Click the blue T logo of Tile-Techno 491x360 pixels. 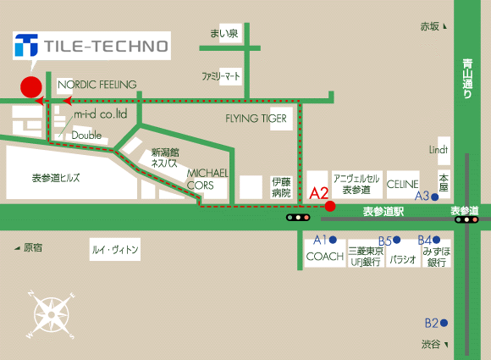pos(26,45)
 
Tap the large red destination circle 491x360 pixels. pos(31,86)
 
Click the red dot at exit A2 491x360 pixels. pos(330,206)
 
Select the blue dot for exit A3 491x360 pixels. pos(434,197)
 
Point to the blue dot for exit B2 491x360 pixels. pos(444,323)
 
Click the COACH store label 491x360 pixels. pos(325,257)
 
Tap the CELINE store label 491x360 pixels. pos(402,184)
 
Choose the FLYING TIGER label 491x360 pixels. pos(256,119)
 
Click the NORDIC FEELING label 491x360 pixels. pos(97,85)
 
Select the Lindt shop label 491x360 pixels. pos(439,150)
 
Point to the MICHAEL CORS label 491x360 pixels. pos(207,180)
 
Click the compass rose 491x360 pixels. pos(52,315)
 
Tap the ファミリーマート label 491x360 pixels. pos(221,76)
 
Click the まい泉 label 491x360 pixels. pos(223,33)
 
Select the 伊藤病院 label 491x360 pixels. pos(281,187)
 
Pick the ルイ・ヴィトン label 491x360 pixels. pos(115,249)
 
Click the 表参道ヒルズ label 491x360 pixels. pos(56,178)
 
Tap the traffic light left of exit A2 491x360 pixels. pos(298,217)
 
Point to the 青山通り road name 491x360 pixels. pos(467,79)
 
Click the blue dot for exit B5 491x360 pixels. pos(397,240)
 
